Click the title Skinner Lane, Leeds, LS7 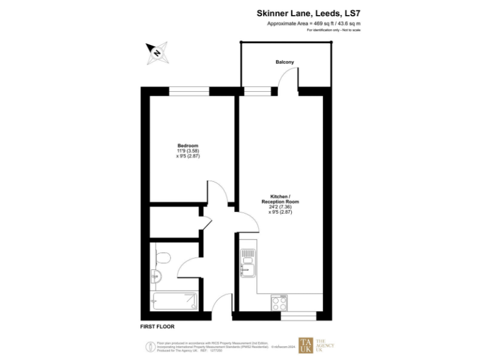(x=309, y=12)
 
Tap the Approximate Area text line (x=314, y=23)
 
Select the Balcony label (x=284, y=62)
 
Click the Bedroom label (x=187, y=146)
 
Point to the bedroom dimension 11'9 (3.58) (x=187, y=151)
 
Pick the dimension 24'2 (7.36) (x=280, y=207)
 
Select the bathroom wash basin (x=156, y=276)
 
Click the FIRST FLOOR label (x=157, y=327)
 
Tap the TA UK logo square (x=306, y=346)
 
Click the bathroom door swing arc (x=187, y=267)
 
